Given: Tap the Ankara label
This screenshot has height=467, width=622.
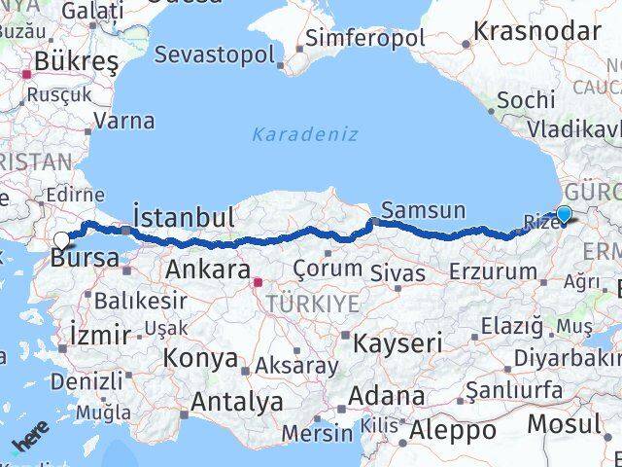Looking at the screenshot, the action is pyautogui.click(x=208, y=269).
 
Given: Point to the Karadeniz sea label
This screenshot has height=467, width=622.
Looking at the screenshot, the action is pyautogui.click(x=305, y=134).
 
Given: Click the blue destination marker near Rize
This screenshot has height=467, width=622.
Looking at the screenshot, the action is pyautogui.click(x=564, y=215).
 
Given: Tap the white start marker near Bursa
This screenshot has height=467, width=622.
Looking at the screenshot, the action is pyautogui.click(x=62, y=239).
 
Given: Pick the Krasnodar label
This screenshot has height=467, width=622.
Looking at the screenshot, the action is pyautogui.click(x=536, y=31).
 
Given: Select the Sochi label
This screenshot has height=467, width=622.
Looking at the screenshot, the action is pyautogui.click(x=526, y=100).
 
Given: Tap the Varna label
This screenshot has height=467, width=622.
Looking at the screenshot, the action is pyautogui.click(x=124, y=122).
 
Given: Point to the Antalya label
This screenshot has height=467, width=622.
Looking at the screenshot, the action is pyautogui.click(x=237, y=401).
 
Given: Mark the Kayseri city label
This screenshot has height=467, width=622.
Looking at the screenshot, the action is pyautogui.click(x=397, y=342).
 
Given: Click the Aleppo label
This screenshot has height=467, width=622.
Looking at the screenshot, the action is pyautogui.click(x=452, y=429).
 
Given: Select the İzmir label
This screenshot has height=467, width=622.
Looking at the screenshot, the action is pyautogui.click(x=100, y=336).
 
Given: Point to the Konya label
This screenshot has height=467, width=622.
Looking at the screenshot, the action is pyautogui.click(x=201, y=357).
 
